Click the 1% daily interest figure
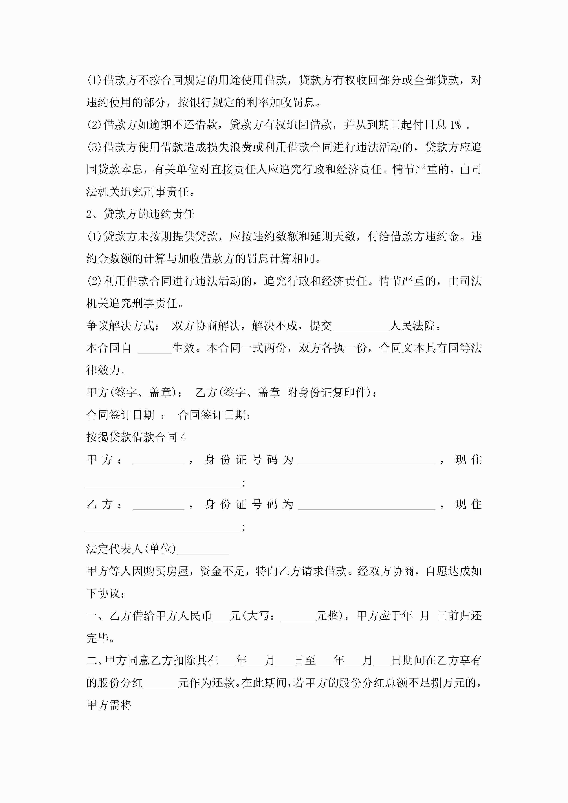[455, 125]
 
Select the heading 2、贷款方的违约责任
[140, 214]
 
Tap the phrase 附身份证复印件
[328, 392]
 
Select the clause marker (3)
[95, 147]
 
